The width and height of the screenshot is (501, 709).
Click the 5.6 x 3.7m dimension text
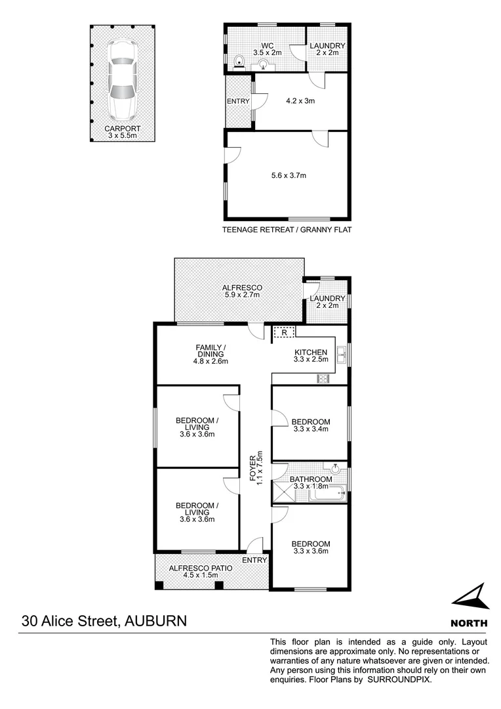[289, 175]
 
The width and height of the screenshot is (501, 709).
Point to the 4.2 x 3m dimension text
[300, 101]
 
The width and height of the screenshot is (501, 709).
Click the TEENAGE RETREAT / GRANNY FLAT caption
[287, 230]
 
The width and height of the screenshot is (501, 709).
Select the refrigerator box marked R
[284, 333]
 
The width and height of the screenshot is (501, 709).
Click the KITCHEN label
[310, 353]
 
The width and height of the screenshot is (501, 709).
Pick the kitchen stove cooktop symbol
[323, 377]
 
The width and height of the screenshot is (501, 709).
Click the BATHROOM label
[311, 480]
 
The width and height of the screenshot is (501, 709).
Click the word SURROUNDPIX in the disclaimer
[398, 680]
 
